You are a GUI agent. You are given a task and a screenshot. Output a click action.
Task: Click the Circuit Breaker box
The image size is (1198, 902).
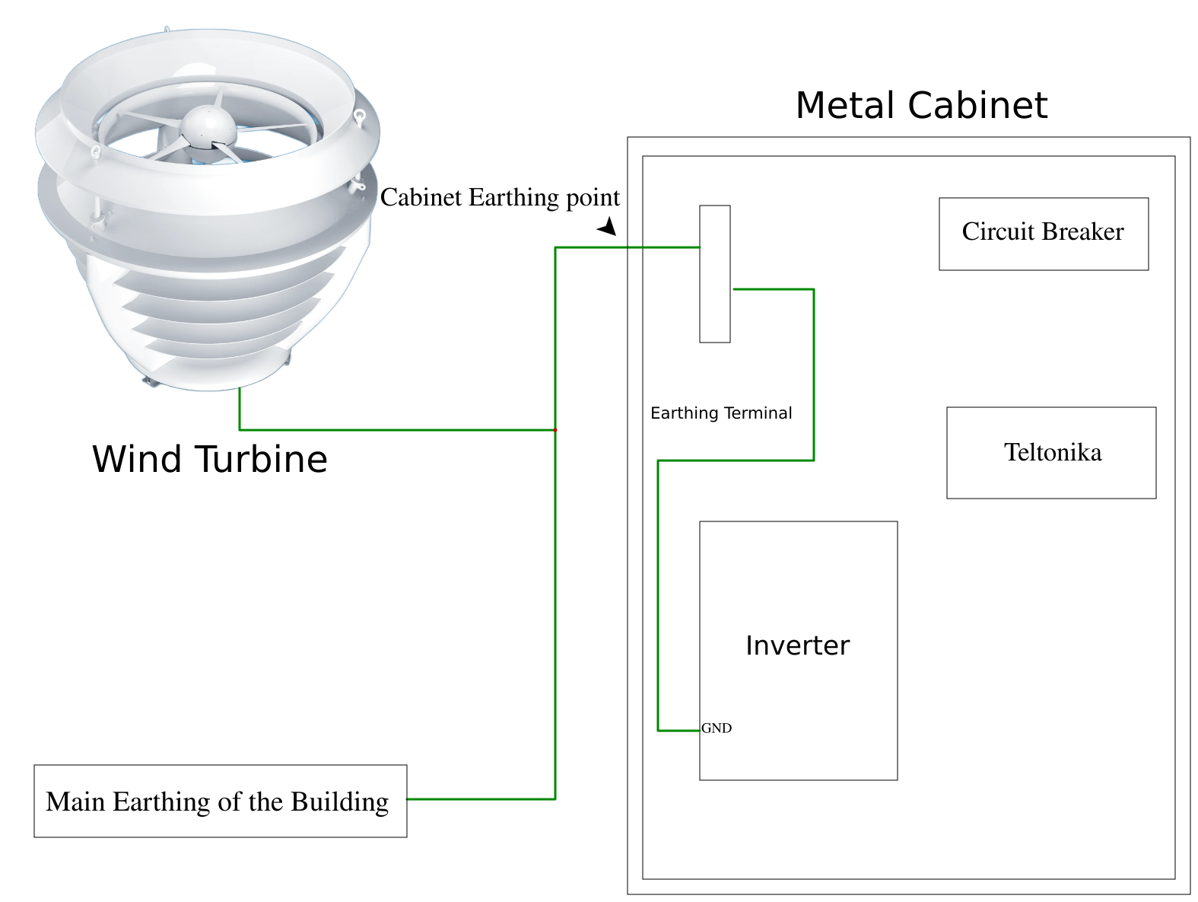1043,234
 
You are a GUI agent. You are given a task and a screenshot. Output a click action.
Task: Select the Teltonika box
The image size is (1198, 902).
1051,453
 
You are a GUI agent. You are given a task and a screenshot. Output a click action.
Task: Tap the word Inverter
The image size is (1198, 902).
797,645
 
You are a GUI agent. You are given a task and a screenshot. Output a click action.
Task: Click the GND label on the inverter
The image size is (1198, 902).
717,728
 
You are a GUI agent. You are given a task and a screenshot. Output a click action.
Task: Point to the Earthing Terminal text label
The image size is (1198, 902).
721,413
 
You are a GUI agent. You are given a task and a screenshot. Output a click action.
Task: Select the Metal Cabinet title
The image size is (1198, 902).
921,105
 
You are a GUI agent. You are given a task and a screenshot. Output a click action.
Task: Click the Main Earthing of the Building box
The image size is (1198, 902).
220,801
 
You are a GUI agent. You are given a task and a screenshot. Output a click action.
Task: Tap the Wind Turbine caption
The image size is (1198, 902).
210,460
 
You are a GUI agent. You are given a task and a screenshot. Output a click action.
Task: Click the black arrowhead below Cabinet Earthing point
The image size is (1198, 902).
608,227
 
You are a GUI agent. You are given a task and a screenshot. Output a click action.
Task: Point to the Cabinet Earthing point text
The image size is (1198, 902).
500,198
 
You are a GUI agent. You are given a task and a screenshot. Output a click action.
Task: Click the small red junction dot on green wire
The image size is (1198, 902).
555,430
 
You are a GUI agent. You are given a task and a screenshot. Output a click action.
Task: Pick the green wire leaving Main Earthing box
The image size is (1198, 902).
479,799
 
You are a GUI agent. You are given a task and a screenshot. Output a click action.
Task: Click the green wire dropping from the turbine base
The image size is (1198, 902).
240,410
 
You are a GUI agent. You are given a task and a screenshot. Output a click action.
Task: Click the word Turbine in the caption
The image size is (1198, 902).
262,460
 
